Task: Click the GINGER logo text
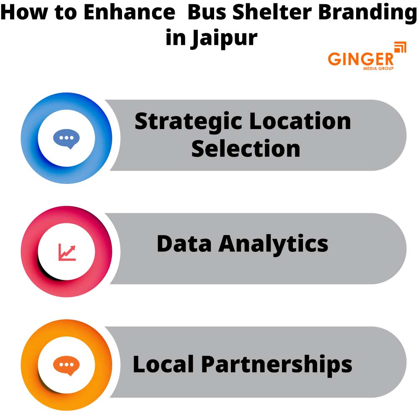(361, 59)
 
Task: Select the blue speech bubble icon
(66, 138)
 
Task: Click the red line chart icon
(67, 252)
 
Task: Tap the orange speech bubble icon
(66, 365)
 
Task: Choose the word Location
(300, 121)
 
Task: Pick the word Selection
(246, 148)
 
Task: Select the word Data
(185, 243)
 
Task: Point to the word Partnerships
(277, 364)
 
